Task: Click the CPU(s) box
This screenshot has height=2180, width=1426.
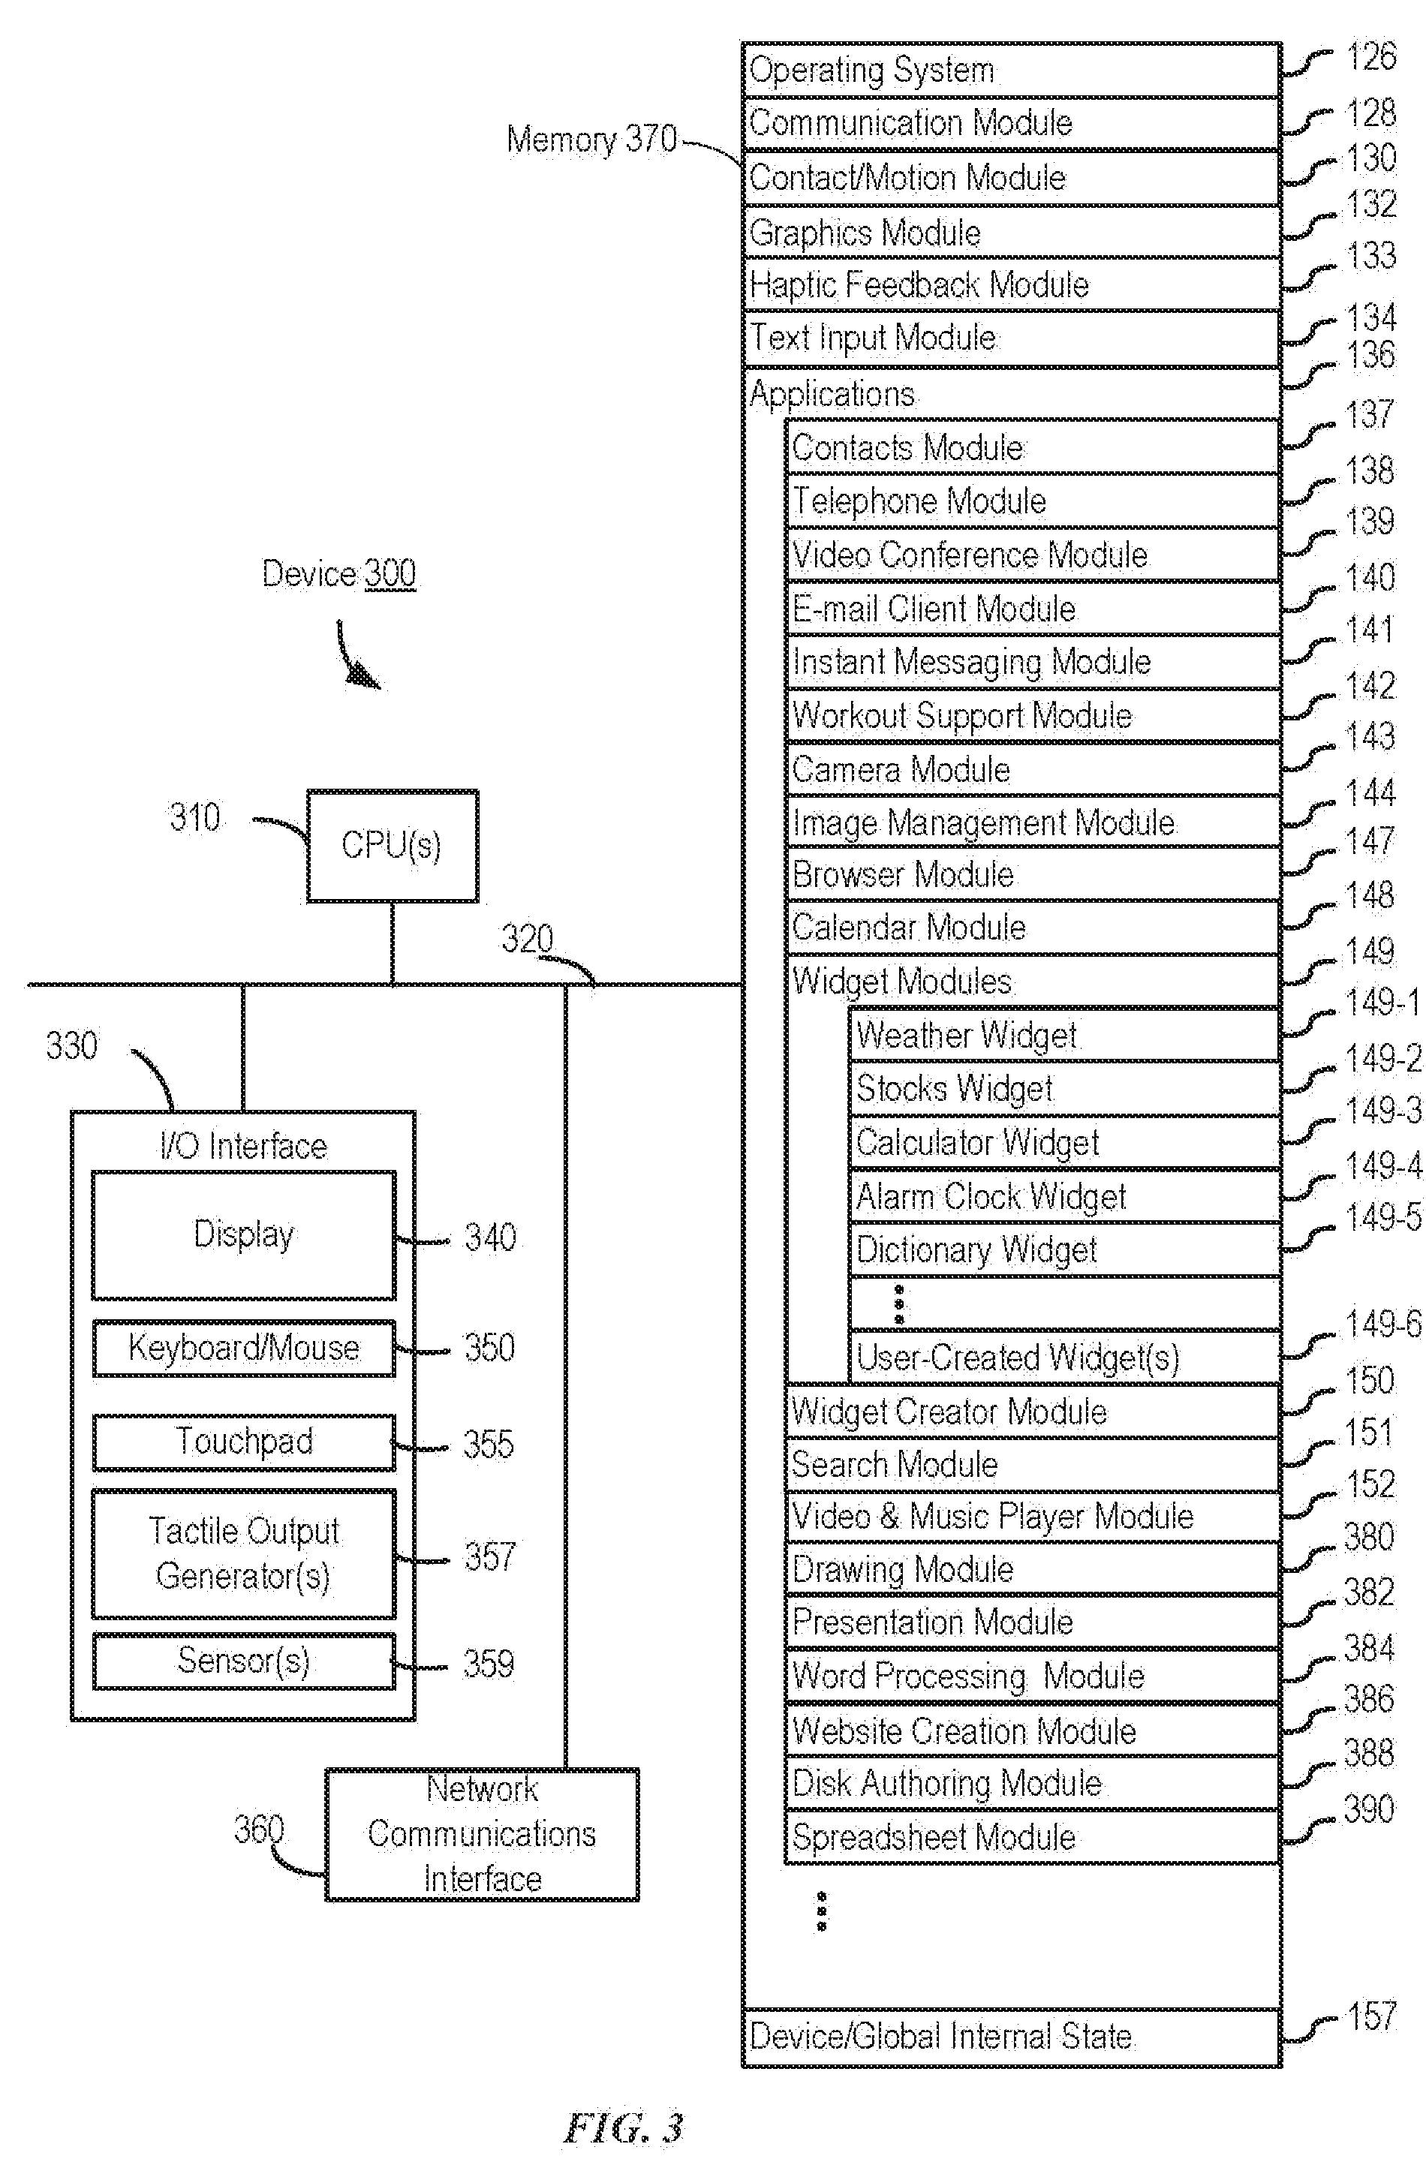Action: tap(392, 846)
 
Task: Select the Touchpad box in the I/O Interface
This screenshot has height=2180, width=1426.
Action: tap(244, 1442)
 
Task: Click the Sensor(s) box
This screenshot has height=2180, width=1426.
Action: tap(244, 1661)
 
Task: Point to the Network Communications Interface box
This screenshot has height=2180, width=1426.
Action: tap(482, 1834)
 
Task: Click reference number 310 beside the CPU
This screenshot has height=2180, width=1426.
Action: tap(195, 817)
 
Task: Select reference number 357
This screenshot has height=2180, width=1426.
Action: tap(490, 1556)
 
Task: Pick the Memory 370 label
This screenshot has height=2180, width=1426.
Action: tap(591, 140)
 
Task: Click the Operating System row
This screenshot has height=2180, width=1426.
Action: tap(1011, 70)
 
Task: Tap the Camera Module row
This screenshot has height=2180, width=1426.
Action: tap(1032, 769)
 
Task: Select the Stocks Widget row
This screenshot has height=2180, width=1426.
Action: tap(1064, 1089)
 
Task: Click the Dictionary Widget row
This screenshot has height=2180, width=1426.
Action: tap(1064, 1250)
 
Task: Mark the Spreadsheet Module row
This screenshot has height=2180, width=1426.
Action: tap(1032, 1836)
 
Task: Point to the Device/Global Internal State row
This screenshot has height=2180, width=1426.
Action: tap(1011, 2036)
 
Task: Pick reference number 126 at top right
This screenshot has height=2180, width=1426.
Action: tap(1371, 57)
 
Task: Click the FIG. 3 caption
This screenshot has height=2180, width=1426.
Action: tap(624, 2127)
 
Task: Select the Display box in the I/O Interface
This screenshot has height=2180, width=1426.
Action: tap(244, 1234)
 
